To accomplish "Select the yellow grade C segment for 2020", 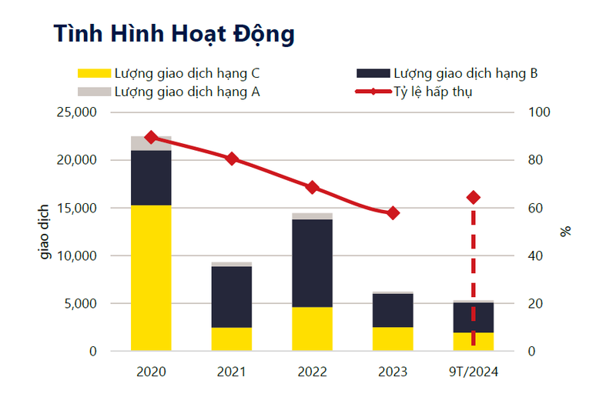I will point(151,277).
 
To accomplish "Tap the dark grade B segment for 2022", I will point(312,263).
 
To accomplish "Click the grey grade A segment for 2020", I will point(151,144).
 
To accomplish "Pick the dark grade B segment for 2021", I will point(232,296).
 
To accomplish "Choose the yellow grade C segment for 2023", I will point(393,339).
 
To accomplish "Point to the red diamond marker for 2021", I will point(232,159).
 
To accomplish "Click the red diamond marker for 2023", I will point(393,213).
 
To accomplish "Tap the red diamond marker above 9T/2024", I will point(474,198).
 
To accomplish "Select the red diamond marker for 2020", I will point(151,137).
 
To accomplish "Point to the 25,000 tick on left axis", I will point(75,112).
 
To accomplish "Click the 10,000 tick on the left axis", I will point(75,255).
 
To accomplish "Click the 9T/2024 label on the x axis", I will point(474,372).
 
